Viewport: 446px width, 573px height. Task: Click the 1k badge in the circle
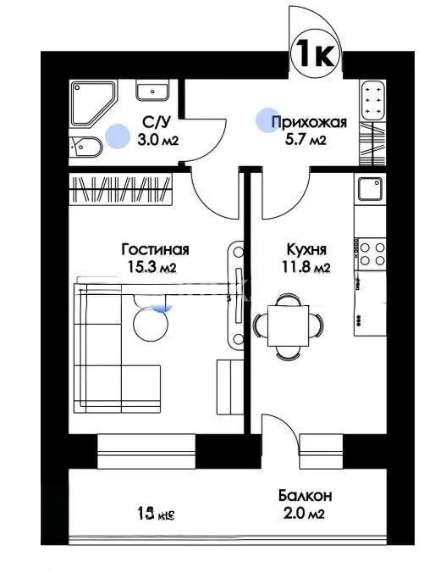[316, 54]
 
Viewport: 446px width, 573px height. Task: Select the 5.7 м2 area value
[307, 140]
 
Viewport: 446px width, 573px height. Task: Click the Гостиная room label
[155, 249]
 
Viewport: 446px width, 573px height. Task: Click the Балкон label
[304, 495]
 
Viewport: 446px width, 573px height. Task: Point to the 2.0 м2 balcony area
[303, 513]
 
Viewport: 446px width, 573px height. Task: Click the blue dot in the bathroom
[117, 134]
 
